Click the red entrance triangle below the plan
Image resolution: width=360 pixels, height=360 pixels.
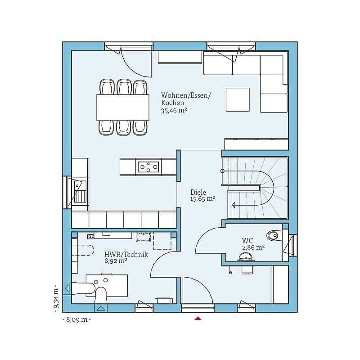pyautogui.click(x=198, y=318)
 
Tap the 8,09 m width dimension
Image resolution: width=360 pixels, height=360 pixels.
pyautogui.click(x=76, y=319)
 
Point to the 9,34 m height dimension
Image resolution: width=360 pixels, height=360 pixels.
pyautogui.click(x=56, y=298)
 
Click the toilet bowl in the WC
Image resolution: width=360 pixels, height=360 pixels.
pyautogui.click(x=273, y=235)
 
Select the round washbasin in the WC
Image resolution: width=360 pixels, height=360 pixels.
pyautogui.click(x=245, y=256)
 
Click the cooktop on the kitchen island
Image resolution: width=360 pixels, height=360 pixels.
pyautogui.click(x=148, y=167)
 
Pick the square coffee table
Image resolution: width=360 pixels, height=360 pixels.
pyautogui.click(x=238, y=99)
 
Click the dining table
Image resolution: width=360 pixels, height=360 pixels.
pyautogui.click(x=123, y=108)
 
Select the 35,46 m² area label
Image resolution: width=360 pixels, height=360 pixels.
pyautogui.click(x=174, y=110)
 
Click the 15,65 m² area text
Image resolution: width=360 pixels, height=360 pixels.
pyautogui.click(x=202, y=198)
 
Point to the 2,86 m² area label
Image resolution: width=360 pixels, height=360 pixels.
pyautogui.click(x=253, y=247)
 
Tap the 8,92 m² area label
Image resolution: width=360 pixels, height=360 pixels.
pyautogui.click(x=116, y=261)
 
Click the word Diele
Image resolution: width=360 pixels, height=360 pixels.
pyautogui.click(x=198, y=193)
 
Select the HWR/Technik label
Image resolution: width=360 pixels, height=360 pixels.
pyautogui.click(x=126, y=254)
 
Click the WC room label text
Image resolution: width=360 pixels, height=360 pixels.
pyautogui.click(x=247, y=241)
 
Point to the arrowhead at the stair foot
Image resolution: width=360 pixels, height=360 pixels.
pyautogui.click(x=234, y=205)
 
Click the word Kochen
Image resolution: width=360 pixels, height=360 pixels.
pyautogui.click(x=172, y=103)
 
